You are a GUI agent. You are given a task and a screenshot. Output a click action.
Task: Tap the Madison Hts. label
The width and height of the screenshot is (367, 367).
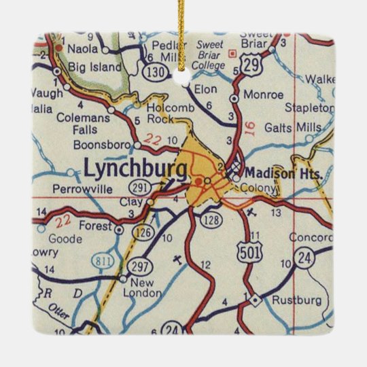(x=270, y=173)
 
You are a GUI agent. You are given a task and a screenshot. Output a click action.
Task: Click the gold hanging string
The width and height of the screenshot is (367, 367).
(x=182, y=34)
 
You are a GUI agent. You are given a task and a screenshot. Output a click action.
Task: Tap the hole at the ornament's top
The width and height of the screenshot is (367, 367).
(x=181, y=80)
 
